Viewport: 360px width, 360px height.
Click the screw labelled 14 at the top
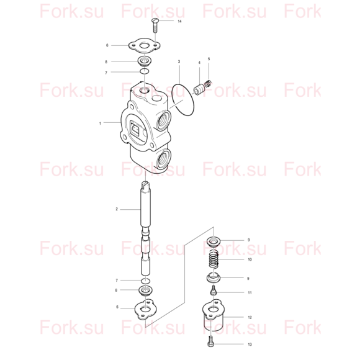point(155,25)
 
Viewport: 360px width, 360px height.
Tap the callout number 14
point(179,21)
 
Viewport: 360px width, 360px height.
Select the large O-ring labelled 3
point(184,100)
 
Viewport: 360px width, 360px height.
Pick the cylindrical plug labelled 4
point(199,89)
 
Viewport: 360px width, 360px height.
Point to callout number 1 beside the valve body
point(100,124)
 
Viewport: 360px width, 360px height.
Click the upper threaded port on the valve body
point(163,120)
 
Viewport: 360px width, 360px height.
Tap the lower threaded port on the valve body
point(163,159)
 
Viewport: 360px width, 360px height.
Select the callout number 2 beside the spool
point(117,209)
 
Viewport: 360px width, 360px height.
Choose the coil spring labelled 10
point(214,259)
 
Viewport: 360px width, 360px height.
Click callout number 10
point(250,259)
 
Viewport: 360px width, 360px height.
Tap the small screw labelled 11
point(214,290)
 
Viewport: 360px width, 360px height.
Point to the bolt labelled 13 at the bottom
point(210,341)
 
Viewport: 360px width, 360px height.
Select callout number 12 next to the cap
point(250,317)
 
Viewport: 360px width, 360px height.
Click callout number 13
point(250,344)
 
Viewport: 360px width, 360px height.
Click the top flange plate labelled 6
point(144,46)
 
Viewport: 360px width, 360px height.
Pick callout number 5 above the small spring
point(209,59)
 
